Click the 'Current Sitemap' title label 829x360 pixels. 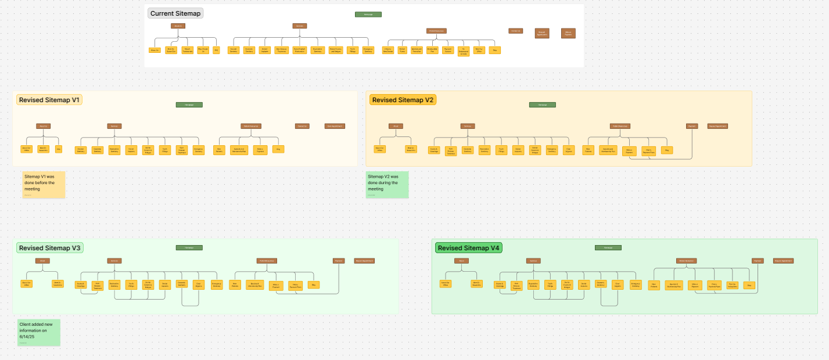(175, 13)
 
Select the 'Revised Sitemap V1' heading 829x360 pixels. (49, 100)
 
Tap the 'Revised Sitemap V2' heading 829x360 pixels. (403, 100)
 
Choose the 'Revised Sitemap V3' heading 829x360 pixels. (49, 248)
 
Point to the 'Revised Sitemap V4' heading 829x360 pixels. (468, 248)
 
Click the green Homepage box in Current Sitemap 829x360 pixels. (368, 14)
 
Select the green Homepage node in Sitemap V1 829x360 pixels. (189, 105)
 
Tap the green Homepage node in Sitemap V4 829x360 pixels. (608, 247)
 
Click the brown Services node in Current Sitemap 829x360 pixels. (300, 26)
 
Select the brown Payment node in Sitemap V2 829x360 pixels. (691, 126)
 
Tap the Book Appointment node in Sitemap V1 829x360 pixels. (335, 126)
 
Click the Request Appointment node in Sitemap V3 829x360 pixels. (364, 261)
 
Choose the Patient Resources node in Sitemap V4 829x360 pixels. (686, 261)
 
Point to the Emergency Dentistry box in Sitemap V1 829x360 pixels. (198, 150)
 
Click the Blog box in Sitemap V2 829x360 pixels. (667, 150)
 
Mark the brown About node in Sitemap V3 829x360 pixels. (42, 261)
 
